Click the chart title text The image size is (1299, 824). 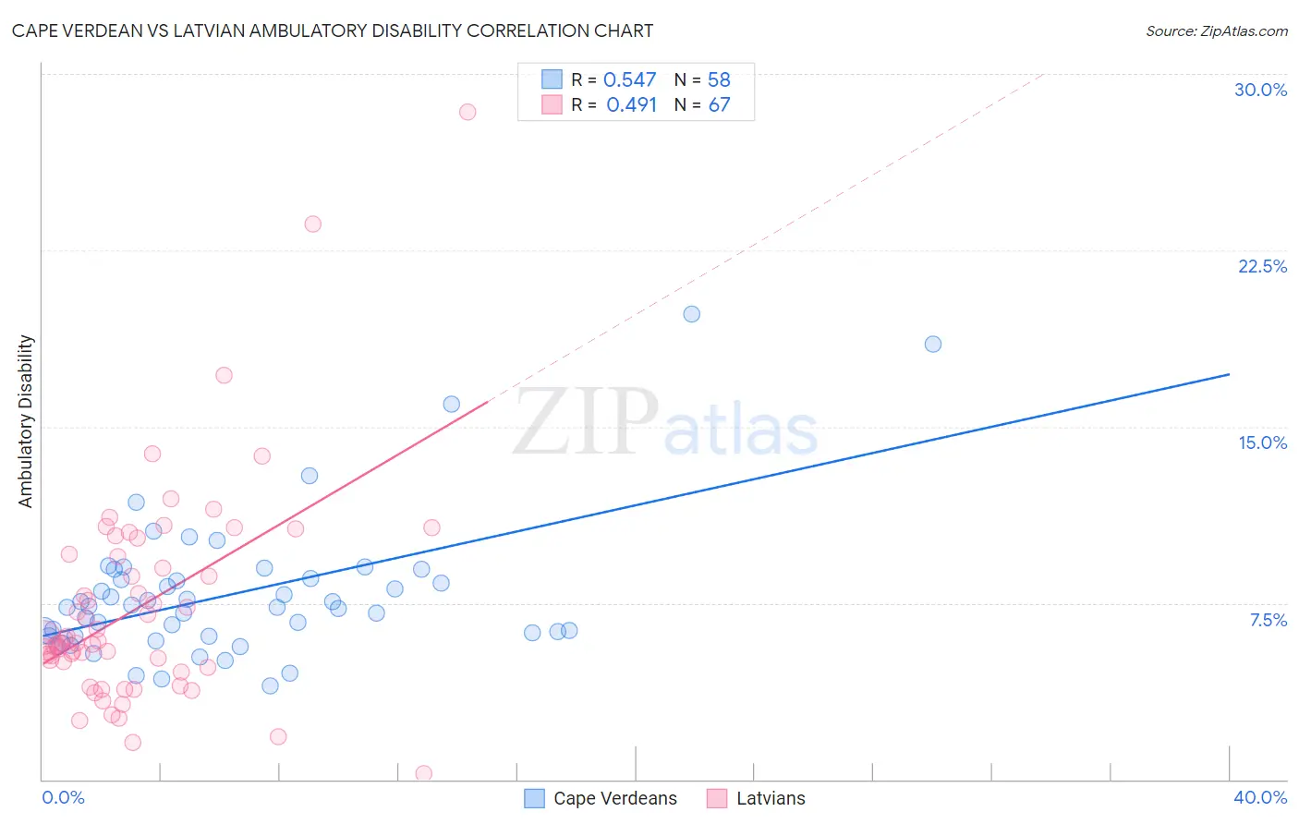(x=333, y=30)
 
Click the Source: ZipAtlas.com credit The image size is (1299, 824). (x=1216, y=31)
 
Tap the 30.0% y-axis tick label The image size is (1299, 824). (x=1260, y=90)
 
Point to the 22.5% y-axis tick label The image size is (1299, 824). (x=1262, y=266)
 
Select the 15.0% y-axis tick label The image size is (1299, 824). (x=1262, y=442)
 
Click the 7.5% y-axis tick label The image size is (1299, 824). (x=1268, y=620)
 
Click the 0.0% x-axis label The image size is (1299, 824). (x=63, y=797)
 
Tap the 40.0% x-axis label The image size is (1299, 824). (x=1259, y=797)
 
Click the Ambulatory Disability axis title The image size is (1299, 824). (x=26, y=421)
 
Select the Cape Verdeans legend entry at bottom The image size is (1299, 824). (x=601, y=798)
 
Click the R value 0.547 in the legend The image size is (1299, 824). (x=629, y=80)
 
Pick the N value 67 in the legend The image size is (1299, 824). (x=719, y=105)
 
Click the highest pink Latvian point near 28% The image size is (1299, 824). (x=467, y=112)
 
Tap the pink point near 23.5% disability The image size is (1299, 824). (x=313, y=224)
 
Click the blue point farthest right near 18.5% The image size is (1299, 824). (x=933, y=344)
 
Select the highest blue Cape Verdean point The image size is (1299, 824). (x=692, y=314)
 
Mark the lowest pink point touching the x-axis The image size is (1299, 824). (x=424, y=773)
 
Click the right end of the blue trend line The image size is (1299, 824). (x=1229, y=374)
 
